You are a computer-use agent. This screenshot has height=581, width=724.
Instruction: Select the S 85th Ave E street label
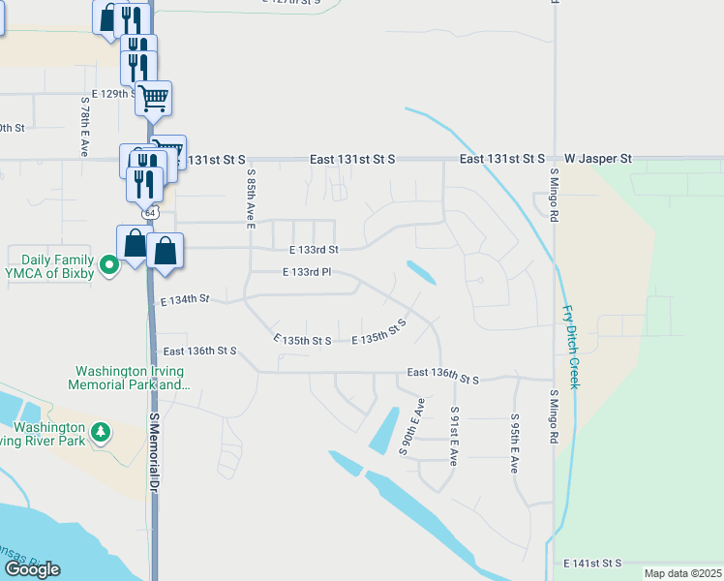tap(250, 200)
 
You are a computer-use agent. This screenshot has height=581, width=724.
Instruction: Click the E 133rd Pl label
tap(308, 273)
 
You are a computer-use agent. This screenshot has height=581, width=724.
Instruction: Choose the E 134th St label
tap(185, 300)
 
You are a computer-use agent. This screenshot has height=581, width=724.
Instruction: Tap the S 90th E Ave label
tap(410, 426)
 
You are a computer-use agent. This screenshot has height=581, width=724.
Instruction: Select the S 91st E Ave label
tap(453, 436)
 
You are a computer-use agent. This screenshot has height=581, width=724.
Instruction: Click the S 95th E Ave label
tap(515, 443)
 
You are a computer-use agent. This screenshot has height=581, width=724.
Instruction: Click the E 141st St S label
tap(591, 563)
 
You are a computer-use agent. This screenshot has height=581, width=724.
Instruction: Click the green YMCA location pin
tap(110, 263)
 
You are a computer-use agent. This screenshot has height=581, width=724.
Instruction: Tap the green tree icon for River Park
tap(100, 433)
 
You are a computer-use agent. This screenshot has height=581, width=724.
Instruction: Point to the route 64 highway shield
tap(149, 211)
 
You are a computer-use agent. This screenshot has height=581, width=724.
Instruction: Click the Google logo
tap(32, 568)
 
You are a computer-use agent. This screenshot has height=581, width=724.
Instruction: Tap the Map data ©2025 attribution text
tap(682, 573)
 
